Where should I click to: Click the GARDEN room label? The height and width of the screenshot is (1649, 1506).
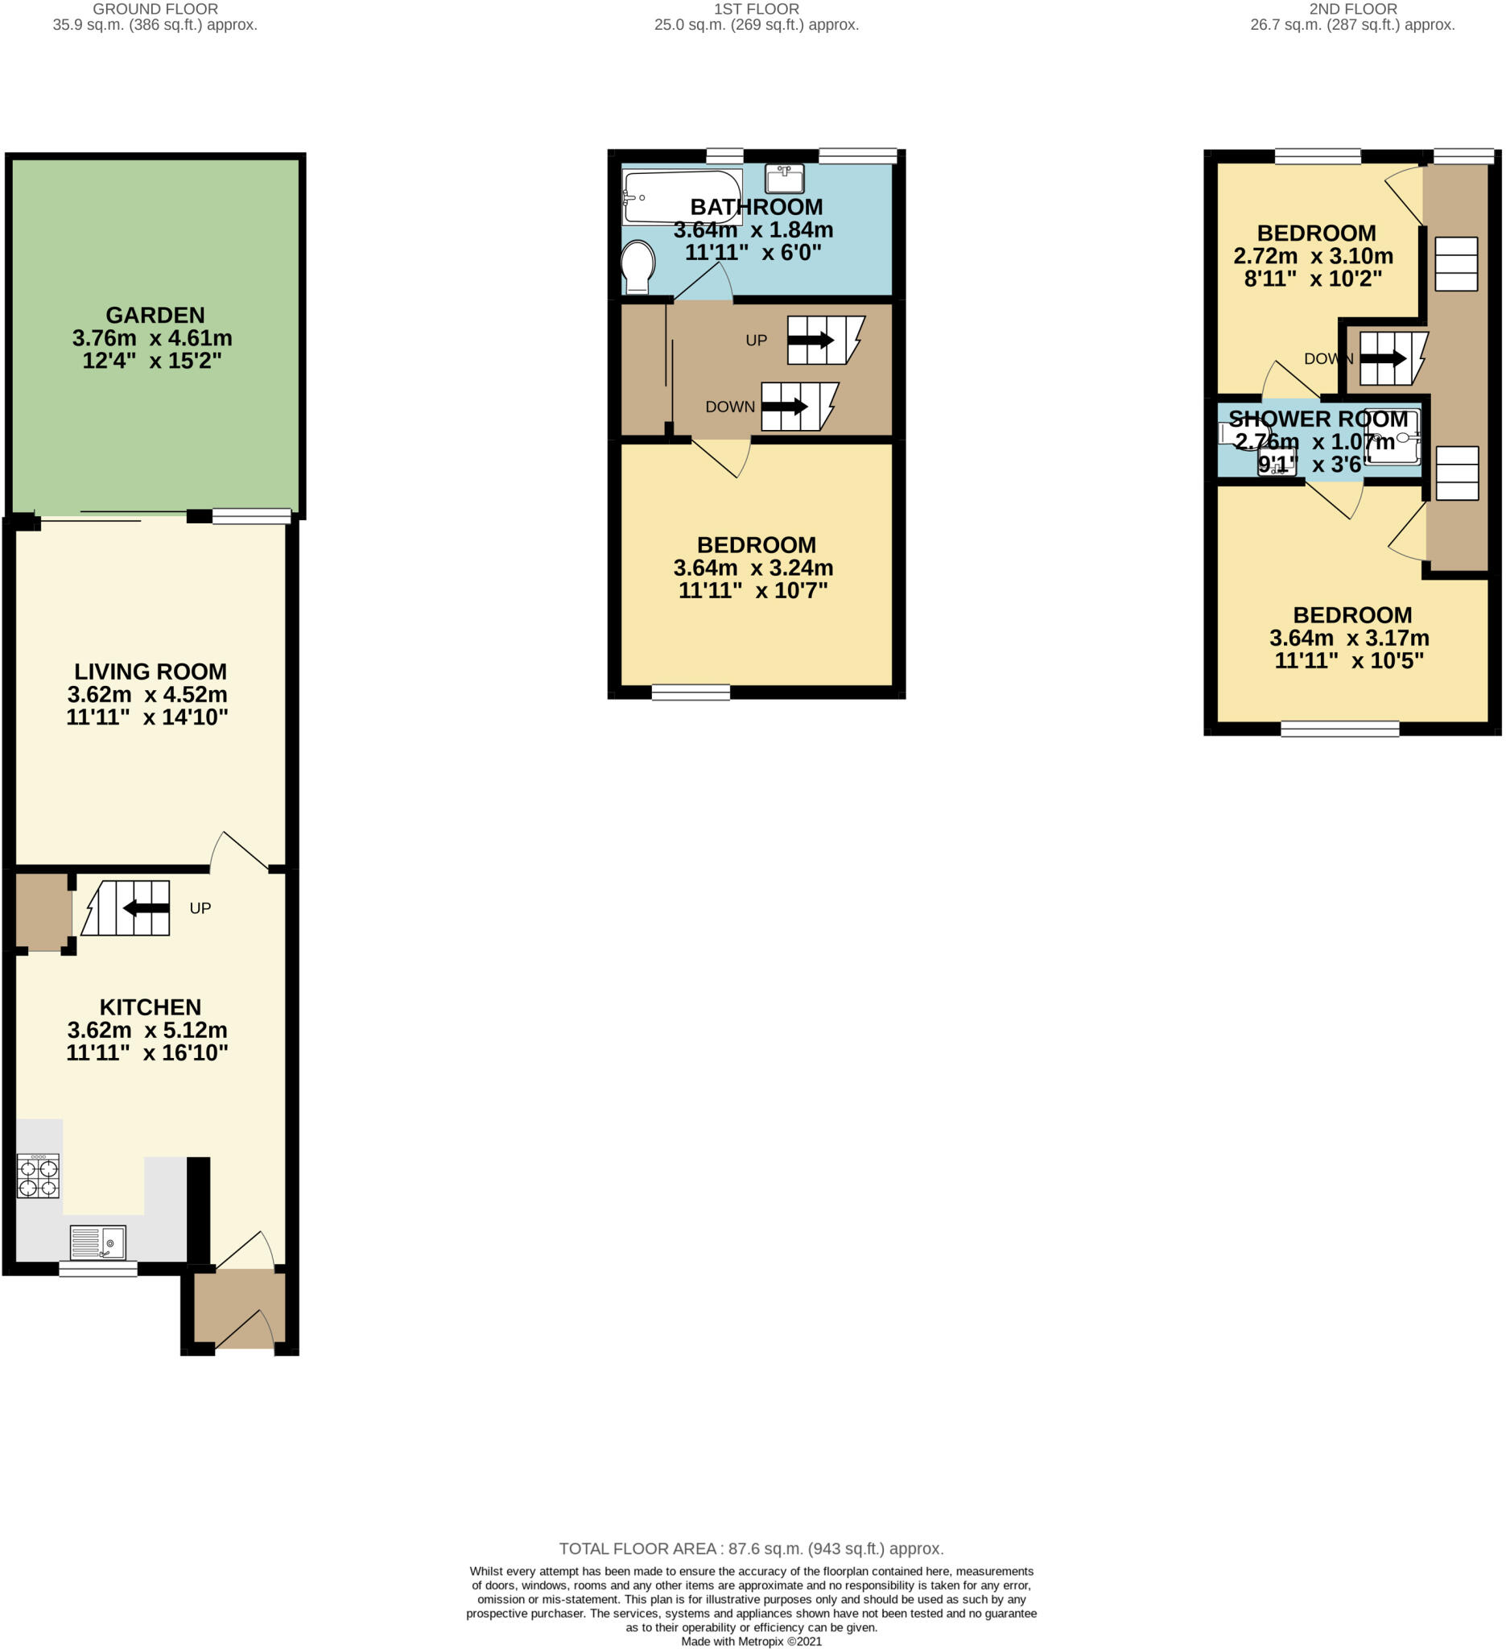tap(155, 315)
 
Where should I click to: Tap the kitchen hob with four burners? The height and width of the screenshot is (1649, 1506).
tap(39, 1176)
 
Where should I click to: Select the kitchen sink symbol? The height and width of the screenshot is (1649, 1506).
tap(98, 1243)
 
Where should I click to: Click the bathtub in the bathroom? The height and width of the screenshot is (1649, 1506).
tap(682, 197)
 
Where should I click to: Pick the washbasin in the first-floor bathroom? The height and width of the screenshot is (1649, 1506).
tap(784, 178)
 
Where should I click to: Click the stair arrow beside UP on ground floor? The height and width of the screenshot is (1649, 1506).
tap(146, 908)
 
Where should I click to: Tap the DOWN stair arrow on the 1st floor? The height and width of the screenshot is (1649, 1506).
tap(784, 407)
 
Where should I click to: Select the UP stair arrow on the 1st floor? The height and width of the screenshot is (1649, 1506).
tap(811, 341)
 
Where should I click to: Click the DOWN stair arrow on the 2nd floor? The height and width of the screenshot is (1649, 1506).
tap(1383, 358)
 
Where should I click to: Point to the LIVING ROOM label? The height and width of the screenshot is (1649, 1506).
tap(151, 672)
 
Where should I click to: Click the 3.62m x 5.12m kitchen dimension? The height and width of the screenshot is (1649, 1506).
tap(147, 1030)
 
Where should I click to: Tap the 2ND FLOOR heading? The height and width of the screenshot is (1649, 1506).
tap(1352, 9)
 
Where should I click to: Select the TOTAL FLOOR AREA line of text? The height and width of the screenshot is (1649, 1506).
tap(751, 1548)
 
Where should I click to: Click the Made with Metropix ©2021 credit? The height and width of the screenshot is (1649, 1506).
tap(751, 1641)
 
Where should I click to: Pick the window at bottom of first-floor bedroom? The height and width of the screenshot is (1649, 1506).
tap(691, 692)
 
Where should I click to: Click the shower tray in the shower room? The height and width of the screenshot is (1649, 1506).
tap(1393, 436)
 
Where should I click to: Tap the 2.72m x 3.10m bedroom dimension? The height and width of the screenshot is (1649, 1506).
tap(1313, 256)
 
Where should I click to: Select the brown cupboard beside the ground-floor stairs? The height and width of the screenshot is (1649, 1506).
tap(43, 912)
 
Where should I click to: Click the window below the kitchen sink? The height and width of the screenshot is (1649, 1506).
tap(98, 1269)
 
